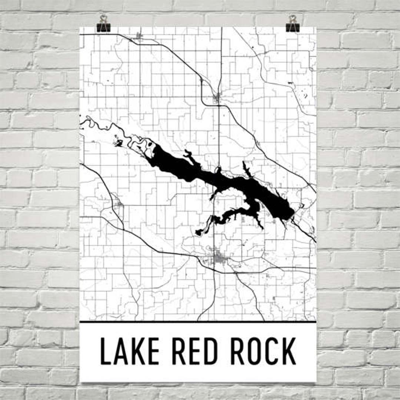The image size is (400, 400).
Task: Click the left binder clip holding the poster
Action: click(x=103, y=24)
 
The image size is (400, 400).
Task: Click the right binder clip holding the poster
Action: click(x=293, y=24)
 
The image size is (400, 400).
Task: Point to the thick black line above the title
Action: click(x=198, y=322)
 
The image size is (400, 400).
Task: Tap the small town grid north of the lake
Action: click(x=217, y=99)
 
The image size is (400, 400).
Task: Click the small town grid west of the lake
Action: click(x=119, y=204)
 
